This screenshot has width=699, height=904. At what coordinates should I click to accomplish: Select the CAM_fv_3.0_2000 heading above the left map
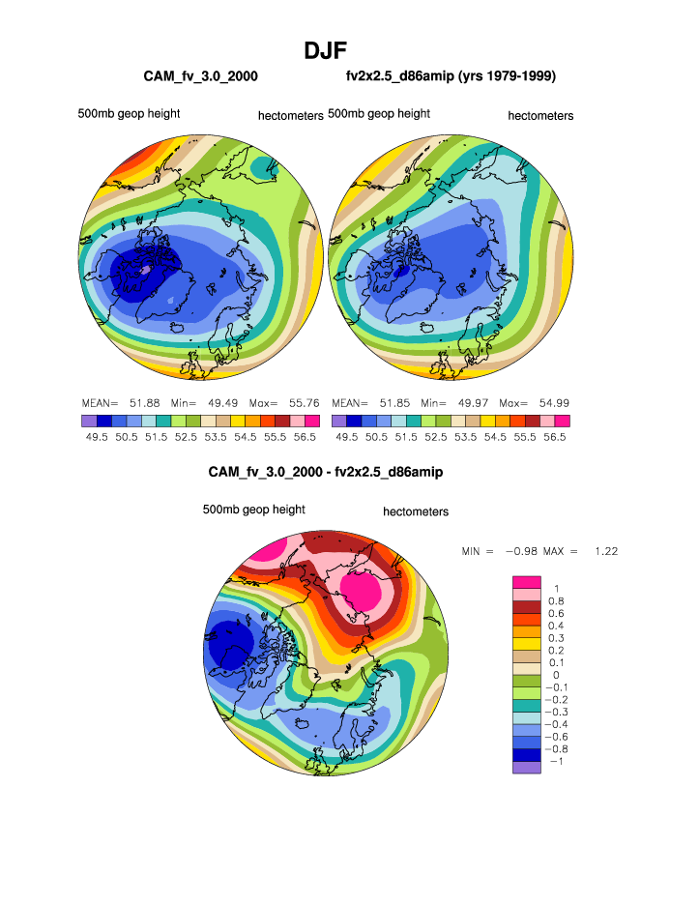(x=199, y=75)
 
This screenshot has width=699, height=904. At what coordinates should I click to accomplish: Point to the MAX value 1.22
(x=605, y=551)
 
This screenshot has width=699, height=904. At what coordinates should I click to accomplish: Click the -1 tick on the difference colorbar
(x=556, y=761)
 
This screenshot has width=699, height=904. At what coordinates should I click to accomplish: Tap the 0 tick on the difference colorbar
(x=556, y=675)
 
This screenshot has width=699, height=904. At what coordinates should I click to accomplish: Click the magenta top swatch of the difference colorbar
(x=528, y=580)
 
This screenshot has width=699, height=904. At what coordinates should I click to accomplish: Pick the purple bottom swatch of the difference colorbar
(x=528, y=767)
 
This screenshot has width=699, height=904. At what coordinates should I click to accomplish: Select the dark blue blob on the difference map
(x=228, y=643)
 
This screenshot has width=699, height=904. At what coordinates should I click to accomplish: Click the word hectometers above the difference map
(x=416, y=511)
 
